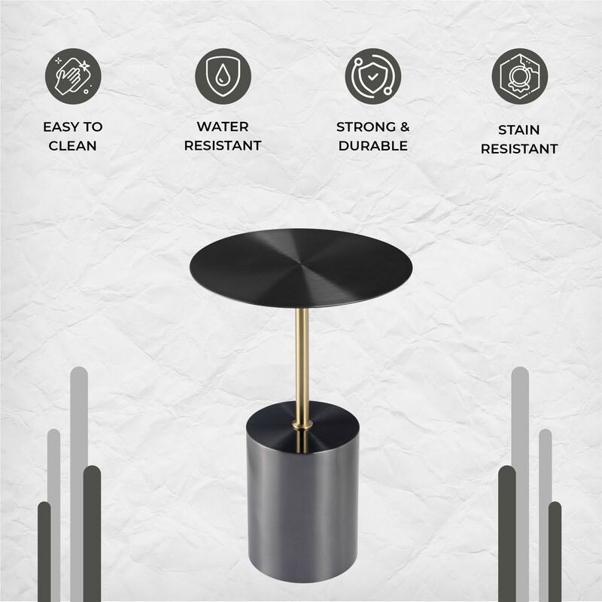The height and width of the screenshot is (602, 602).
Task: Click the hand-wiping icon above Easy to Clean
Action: click(72, 75)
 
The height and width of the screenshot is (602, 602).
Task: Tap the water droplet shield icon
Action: click(223, 75)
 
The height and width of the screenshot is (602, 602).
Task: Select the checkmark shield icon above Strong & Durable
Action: click(373, 75)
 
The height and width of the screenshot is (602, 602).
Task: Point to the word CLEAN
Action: click(73, 145)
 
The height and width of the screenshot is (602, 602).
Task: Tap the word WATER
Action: click(223, 126)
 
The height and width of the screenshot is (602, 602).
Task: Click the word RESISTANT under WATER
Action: click(223, 145)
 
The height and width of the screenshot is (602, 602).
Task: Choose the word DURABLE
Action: click(373, 145)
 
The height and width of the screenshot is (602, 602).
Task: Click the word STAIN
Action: click(519, 129)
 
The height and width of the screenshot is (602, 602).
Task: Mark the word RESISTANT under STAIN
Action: click(519, 148)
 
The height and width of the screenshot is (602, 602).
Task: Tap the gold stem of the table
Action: click(301, 361)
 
